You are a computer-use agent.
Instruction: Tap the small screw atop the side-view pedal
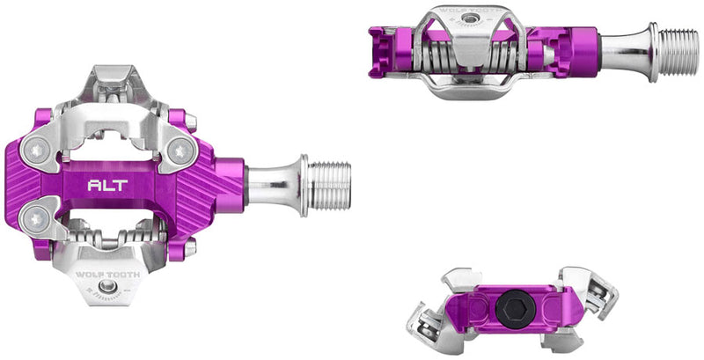point(475,18)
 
